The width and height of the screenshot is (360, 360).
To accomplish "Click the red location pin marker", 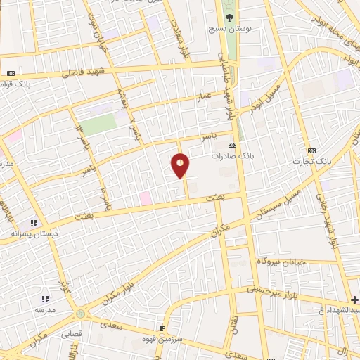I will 180,165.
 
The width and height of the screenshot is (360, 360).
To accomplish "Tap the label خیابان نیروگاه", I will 282,261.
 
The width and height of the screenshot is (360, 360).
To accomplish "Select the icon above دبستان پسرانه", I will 33,222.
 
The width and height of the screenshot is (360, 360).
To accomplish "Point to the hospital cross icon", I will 354,300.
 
